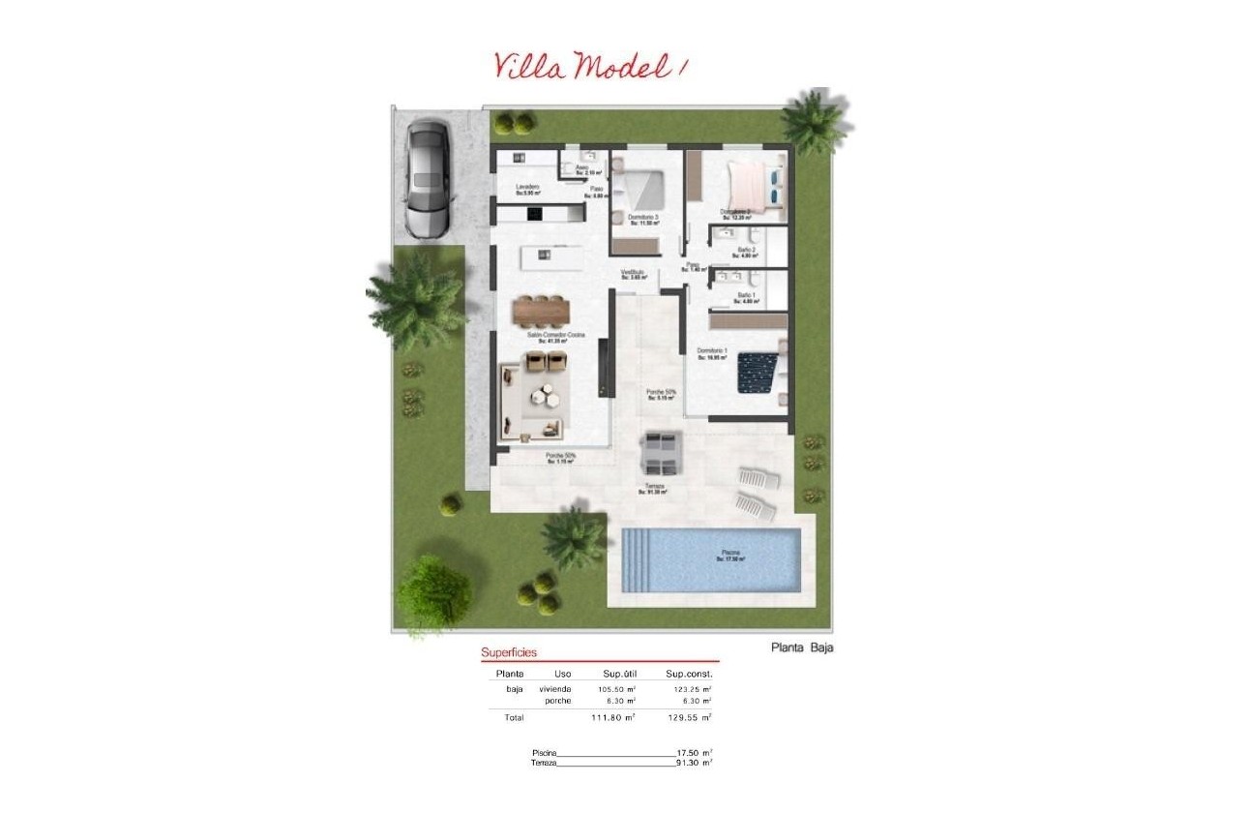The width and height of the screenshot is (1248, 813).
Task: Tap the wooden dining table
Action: coord(542,310)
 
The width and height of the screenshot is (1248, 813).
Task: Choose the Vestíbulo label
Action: coord(633,274)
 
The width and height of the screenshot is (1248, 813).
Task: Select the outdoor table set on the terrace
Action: coord(663,451)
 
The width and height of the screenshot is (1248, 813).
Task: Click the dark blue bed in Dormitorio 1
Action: coord(758,373)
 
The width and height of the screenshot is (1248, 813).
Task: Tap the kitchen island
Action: coord(550,257)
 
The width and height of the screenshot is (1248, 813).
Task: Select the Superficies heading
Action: coord(509,652)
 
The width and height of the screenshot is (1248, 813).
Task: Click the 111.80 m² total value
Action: coord(612,717)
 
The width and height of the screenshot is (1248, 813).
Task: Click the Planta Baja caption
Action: coord(802,648)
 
